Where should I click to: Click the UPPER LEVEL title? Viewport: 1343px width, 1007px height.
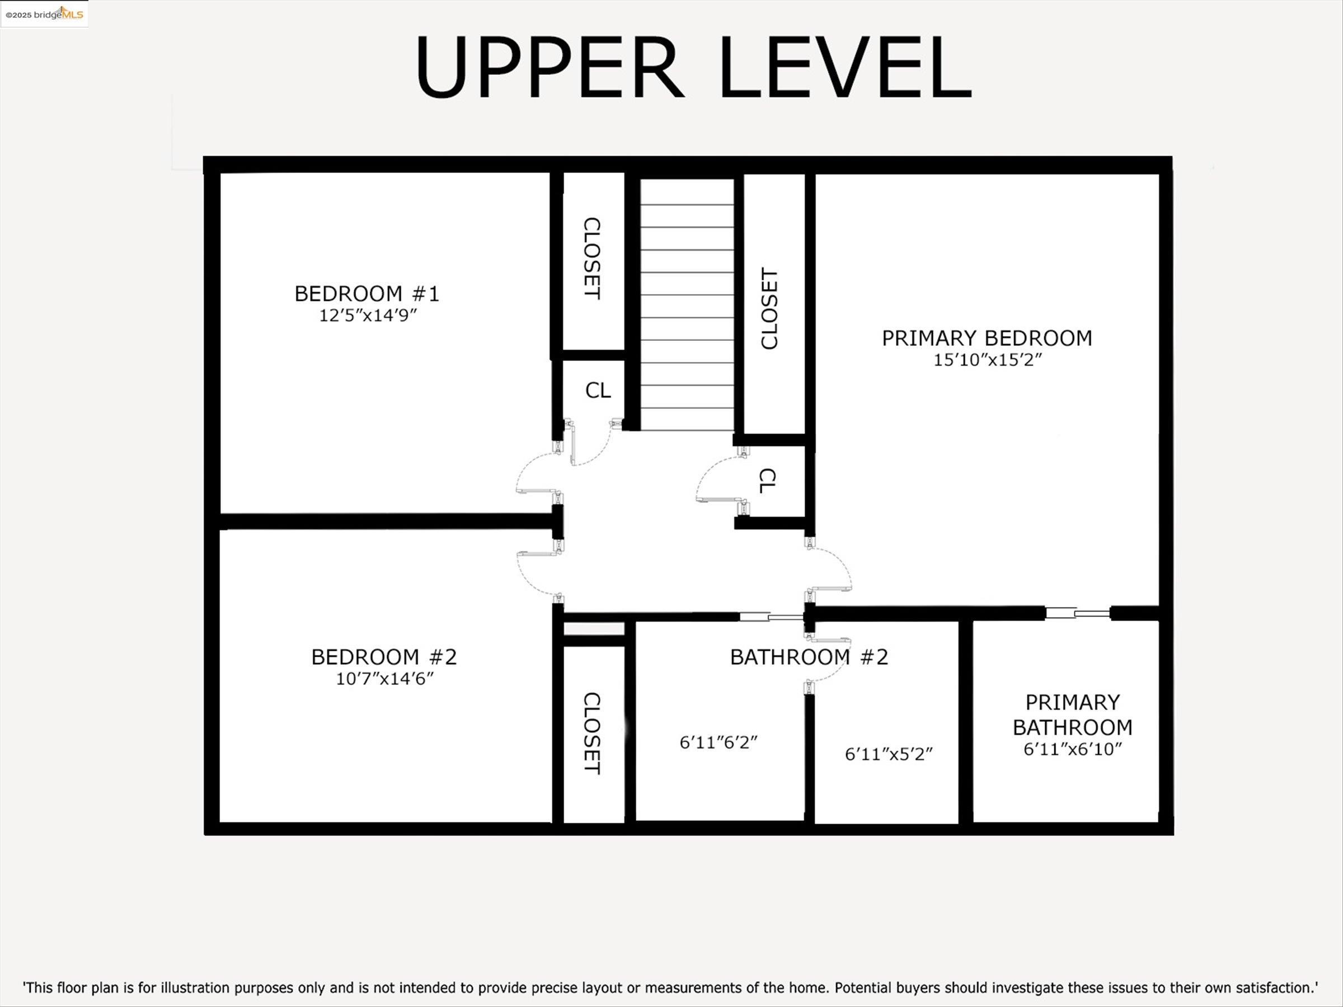click(694, 67)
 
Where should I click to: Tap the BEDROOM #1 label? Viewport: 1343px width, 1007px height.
click(367, 294)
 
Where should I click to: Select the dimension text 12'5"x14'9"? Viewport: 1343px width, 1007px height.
click(368, 316)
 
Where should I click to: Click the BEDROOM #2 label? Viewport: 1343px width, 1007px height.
click(384, 657)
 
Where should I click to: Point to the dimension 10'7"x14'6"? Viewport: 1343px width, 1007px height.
click(385, 679)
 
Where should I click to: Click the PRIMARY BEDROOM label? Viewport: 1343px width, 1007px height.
click(987, 338)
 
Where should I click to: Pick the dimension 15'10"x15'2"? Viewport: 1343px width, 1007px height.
click(987, 360)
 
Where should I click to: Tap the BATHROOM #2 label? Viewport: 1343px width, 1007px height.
click(809, 657)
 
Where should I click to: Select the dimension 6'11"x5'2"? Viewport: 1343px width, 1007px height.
click(889, 755)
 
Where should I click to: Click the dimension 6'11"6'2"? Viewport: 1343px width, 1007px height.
click(719, 742)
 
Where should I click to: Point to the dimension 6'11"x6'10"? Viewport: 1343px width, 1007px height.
click(1073, 749)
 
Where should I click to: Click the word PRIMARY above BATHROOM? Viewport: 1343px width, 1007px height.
click(1073, 702)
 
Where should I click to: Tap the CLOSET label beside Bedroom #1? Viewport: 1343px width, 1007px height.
click(592, 258)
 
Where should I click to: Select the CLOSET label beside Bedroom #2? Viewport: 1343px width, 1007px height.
click(592, 733)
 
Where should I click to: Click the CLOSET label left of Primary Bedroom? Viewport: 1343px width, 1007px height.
click(769, 308)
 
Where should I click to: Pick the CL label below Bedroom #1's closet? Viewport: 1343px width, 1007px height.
click(598, 390)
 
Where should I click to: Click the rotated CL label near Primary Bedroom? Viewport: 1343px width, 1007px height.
click(767, 481)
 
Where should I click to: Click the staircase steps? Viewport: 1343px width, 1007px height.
click(687, 305)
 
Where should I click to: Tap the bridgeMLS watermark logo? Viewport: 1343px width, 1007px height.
click(44, 13)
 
